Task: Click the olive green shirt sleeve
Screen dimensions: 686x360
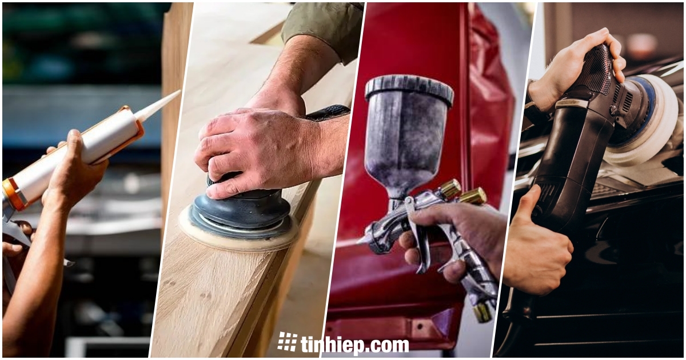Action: (x=321, y=27)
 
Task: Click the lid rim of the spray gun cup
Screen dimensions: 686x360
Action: (x=409, y=89)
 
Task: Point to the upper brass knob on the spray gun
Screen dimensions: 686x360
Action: (x=451, y=187)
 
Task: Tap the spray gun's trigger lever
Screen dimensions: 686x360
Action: (x=417, y=235)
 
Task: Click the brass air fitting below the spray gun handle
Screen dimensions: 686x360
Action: (x=482, y=311)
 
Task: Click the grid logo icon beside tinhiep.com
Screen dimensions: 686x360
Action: (x=287, y=341)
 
